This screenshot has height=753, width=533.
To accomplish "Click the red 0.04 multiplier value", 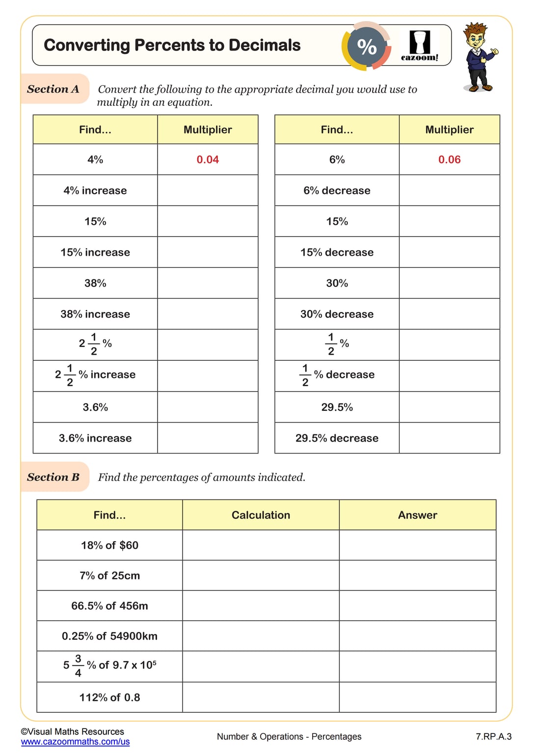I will click(208, 160).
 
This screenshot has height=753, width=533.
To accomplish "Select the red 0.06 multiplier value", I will click(449, 160).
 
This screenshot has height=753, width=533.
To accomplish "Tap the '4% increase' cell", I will click(95, 191).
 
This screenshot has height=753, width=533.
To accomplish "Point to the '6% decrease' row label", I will click(337, 191).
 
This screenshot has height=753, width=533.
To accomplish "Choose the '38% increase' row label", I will click(95, 314).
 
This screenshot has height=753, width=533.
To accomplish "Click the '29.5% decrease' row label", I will click(337, 438).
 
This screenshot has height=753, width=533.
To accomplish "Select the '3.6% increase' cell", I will click(95, 438).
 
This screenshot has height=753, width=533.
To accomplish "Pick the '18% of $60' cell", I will click(109, 546).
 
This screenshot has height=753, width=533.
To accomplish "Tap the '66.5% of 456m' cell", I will click(109, 606).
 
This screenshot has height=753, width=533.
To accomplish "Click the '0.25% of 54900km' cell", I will click(109, 636).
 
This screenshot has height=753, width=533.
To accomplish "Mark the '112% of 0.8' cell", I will click(109, 698).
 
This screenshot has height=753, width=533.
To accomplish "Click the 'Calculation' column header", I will click(261, 515).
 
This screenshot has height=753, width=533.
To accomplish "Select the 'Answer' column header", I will click(417, 515).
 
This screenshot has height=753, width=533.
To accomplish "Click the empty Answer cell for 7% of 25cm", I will click(417, 576).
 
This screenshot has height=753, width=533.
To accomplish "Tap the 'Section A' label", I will click(53, 89).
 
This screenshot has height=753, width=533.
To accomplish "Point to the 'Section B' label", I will click(53, 477).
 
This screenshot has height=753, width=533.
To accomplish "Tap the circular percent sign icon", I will click(367, 47).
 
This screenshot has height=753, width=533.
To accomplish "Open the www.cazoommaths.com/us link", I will click(75, 742).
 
